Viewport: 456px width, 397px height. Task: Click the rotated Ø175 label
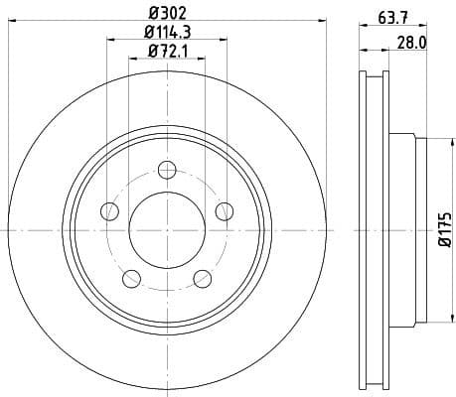(445, 230)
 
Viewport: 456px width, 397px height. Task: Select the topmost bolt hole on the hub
(167, 169)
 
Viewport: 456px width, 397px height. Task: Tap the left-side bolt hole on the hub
(108, 210)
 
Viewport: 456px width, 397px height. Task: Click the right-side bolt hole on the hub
(225, 210)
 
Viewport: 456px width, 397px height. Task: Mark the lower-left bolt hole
(131, 278)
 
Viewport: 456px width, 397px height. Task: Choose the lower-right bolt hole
(202, 278)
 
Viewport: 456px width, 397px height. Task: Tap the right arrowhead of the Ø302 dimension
(322, 24)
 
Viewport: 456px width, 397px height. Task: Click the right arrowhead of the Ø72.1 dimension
(202, 59)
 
